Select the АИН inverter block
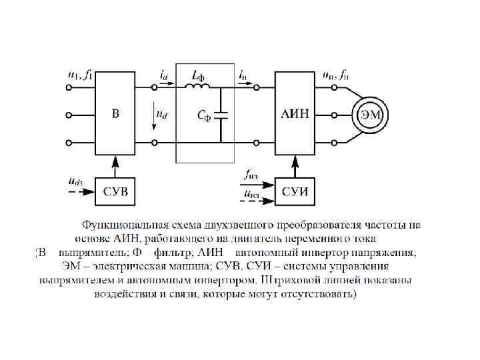[294, 114]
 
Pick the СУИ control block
[294, 192]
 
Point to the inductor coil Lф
[199, 85]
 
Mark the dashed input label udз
[75, 179]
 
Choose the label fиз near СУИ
[251, 176]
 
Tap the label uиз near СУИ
[251, 194]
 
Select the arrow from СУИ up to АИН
[294, 167]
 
